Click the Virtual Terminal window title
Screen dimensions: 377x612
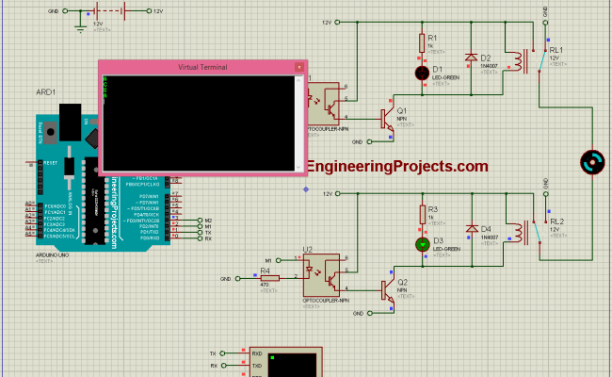coord(203,67)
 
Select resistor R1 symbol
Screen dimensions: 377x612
coord(423,42)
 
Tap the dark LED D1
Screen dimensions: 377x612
coord(423,72)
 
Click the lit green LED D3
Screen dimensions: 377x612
coord(423,244)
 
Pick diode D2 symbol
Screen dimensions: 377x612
coord(472,57)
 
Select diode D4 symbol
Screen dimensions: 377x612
coord(472,229)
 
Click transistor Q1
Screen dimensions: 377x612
coord(386,118)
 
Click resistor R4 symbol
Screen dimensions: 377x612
coord(264,279)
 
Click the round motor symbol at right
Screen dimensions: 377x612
coord(591,162)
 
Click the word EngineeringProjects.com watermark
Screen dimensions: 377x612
coord(397,167)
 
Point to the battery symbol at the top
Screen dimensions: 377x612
coord(122,11)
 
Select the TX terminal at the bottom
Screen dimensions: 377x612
coord(215,353)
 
